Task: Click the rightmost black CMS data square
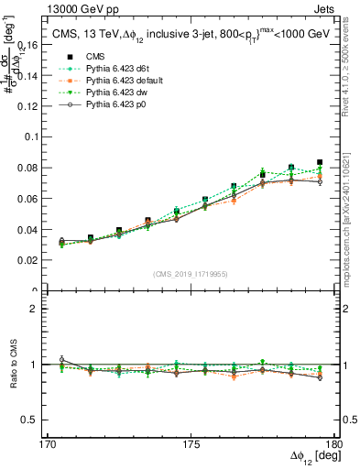pyautogui.click(x=320, y=162)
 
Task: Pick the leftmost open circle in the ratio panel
pyautogui.click(x=61, y=359)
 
